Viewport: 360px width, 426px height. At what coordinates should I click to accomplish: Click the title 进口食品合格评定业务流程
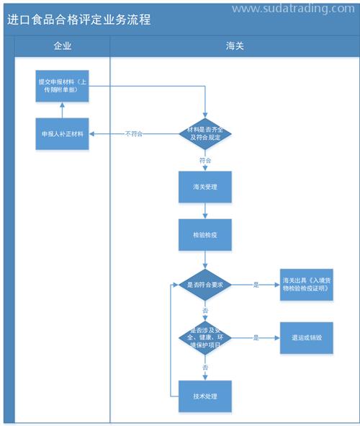pos(79,19)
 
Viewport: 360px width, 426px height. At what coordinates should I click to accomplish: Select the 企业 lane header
pos(63,46)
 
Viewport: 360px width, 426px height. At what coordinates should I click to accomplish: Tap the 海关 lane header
pos(235,46)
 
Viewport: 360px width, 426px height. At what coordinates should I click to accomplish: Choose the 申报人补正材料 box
pos(63,133)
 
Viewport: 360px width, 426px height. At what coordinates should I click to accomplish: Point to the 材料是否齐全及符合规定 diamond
pos(205,133)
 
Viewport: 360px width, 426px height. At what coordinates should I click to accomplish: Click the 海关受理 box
pos(205,187)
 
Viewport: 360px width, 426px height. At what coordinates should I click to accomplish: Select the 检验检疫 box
pos(205,235)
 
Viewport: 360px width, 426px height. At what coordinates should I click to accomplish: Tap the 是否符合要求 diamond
pos(205,285)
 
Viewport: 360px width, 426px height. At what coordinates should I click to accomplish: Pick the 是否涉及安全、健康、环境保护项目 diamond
pos(205,337)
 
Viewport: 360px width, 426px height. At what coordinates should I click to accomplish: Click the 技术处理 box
pos(205,396)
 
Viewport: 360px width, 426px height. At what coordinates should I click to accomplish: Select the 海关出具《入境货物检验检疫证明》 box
pos(307,285)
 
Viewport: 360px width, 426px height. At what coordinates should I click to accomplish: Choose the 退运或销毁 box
pos(307,337)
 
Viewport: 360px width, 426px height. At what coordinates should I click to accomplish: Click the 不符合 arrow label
pos(134,133)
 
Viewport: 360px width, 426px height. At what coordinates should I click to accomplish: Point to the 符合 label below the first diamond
pos(205,160)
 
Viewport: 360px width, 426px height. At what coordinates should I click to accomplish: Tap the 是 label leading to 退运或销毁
pos(256,337)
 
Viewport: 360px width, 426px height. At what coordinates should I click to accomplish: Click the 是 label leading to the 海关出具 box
pos(256,285)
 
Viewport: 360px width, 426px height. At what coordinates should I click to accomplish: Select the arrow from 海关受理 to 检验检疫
pos(205,210)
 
